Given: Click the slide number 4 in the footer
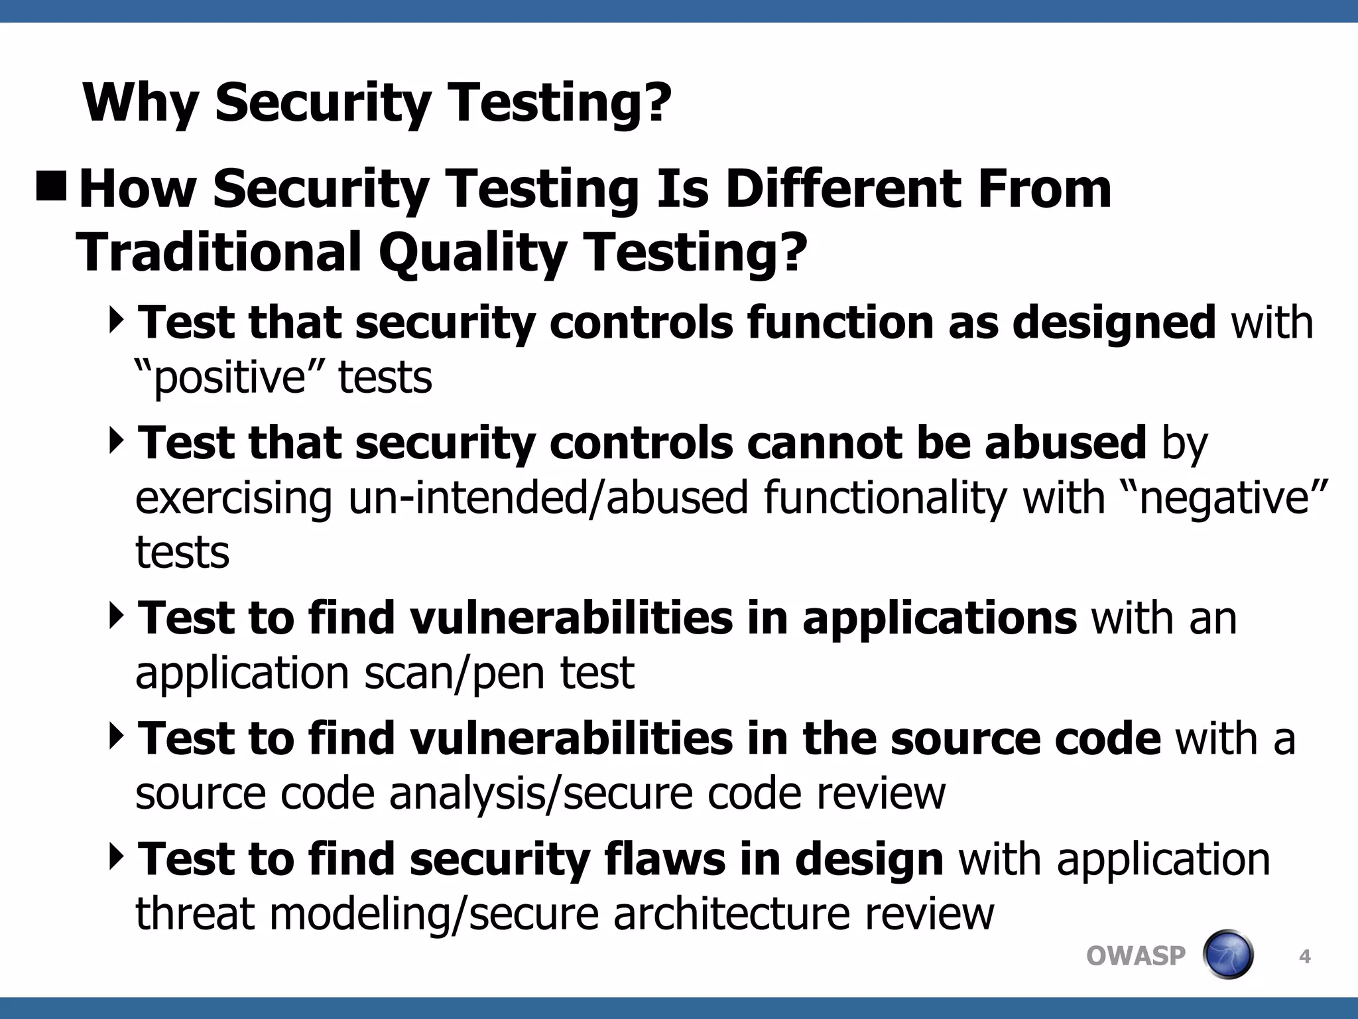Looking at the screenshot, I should (x=1304, y=957).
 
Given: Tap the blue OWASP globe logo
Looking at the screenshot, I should (x=1228, y=955).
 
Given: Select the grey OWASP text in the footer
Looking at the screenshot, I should (x=1135, y=956).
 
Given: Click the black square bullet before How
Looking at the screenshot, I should (x=51, y=186).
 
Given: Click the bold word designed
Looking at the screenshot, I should (x=1115, y=323).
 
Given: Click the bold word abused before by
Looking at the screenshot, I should (x=1065, y=443).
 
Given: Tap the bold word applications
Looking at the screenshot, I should (x=939, y=618).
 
